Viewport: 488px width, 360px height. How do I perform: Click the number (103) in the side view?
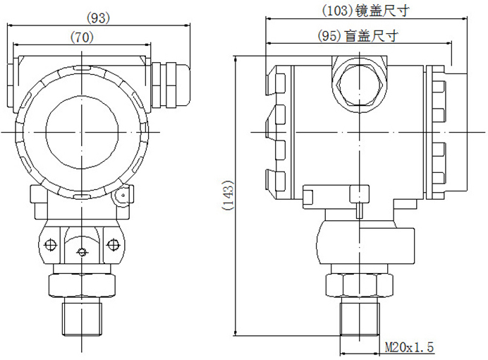pyautogui.click(x=338, y=11)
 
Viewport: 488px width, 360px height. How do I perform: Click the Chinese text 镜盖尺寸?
pyautogui.click(x=382, y=11)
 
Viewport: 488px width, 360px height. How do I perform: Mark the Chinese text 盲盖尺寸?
pyautogui.click(x=371, y=35)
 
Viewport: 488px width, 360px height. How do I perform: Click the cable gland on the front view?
pyautogui.click(x=169, y=85)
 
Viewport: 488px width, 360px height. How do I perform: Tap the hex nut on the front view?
pyautogui.click(x=81, y=284)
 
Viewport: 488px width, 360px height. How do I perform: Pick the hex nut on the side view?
pyautogui.click(x=359, y=284)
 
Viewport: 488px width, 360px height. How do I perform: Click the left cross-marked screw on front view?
pyautogui.click(x=50, y=244)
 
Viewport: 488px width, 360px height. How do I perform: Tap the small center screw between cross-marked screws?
pyautogui.click(x=82, y=253)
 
